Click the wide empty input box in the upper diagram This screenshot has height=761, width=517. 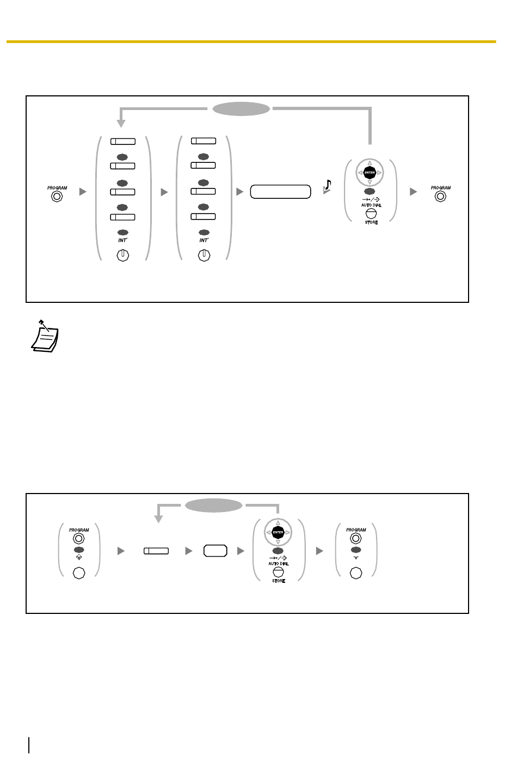click(280, 192)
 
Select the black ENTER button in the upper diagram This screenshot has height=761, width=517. click(370, 173)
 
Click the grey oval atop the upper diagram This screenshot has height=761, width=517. click(241, 109)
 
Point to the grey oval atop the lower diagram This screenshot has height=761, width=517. click(214, 505)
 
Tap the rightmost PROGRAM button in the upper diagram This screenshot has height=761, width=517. click(441, 196)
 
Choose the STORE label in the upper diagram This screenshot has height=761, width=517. click(371, 222)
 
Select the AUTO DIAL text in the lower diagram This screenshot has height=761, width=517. click(278, 563)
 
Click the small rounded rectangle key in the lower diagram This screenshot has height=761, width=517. click(215, 551)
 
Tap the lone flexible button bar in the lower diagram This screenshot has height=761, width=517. click(156, 551)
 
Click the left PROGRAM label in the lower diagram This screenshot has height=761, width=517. click(79, 529)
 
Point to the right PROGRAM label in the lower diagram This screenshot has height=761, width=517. click(356, 529)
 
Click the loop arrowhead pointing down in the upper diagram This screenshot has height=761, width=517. click(122, 124)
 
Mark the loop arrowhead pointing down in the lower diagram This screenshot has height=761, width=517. click(158, 519)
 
